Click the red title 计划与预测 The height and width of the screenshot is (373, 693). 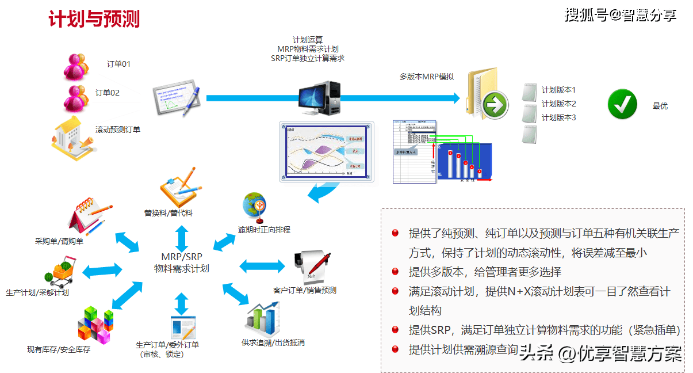(x=94, y=20)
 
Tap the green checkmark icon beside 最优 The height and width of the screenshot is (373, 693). (x=622, y=104)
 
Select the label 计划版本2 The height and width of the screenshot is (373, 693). (x=558, y=104)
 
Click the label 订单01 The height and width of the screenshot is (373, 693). (x=118, y=64)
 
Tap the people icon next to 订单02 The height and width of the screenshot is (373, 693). (x=75, y=98)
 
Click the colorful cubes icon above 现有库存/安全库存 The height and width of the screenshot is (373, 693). (x=95, y=325)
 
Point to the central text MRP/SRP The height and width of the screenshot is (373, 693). (x=181, y=256)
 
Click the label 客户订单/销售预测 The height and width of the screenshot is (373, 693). (x=305, y=290)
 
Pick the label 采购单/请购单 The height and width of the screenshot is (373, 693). (x=59, y=241)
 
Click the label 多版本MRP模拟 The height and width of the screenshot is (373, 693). (x=427, y=76)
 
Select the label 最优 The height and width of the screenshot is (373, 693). (x=660, y=106)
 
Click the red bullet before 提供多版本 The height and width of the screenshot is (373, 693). (x=396, y=272)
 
